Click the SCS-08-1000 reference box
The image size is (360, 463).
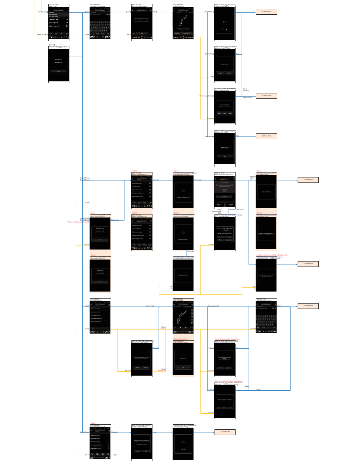(x=266, y=96)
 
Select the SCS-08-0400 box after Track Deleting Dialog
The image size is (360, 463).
(x=225, y=432)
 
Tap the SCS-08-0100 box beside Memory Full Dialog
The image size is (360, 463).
(x=266, y=136)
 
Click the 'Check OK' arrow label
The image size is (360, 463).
(x=198, y=180)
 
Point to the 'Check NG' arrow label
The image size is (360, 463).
(x=191, y=252)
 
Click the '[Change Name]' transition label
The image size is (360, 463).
(x=213, y=306)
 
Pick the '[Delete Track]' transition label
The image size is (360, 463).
(x=85, y=432)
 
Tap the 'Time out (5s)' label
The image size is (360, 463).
(x=247, y=98)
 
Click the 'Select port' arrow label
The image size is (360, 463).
(x=115, y=220)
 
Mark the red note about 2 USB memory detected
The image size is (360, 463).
(x=78, y=222)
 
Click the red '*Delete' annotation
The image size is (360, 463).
(x=93, y=423)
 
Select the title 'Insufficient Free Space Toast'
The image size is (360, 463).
(x=183, y=259)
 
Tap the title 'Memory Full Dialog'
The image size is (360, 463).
(x=222, y=133)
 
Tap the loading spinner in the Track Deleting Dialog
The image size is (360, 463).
(x=183, y=442)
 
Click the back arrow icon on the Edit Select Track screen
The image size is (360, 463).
(x=92, y=328)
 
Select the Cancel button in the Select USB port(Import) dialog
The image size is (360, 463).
(x=100, y=240)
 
